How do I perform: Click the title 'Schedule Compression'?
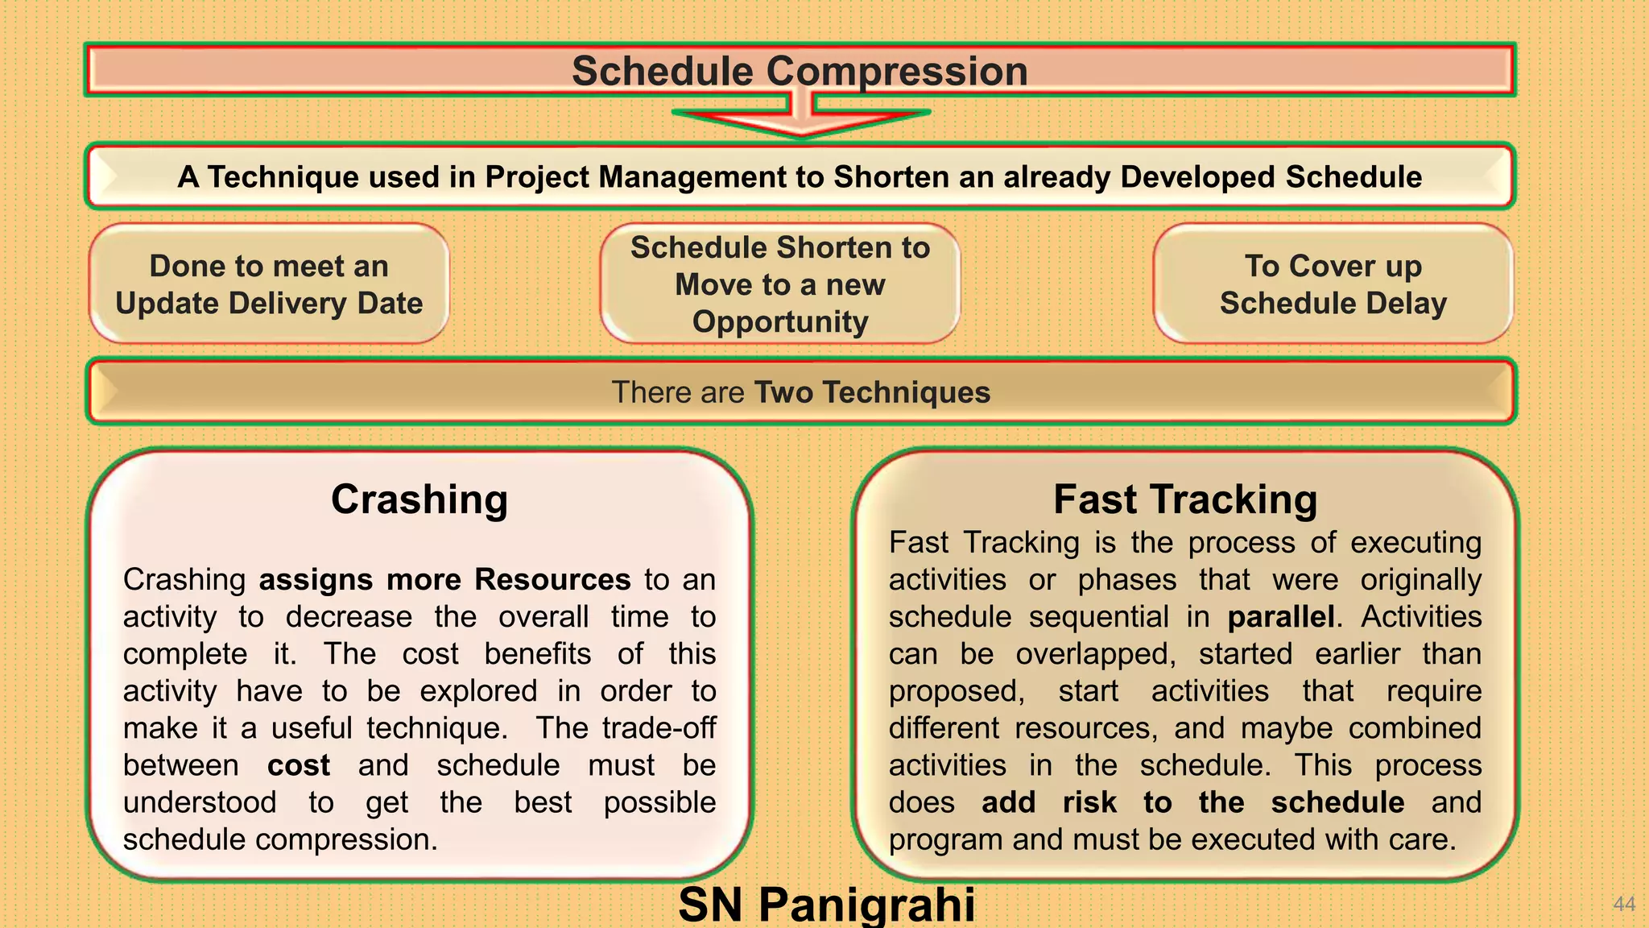(800, 71)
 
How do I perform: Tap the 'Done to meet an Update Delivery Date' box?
(269, 284)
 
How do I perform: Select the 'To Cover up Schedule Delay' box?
(1333, 284)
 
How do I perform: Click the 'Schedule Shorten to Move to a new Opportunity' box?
(779, 284)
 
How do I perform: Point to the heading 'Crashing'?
(419, 499)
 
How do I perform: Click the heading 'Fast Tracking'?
(1184, 499)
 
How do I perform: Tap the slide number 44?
(1624, 904)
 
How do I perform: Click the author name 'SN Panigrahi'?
(826, 904)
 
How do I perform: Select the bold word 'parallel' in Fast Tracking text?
(1280, 617)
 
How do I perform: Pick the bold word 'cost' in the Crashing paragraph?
(298, 765)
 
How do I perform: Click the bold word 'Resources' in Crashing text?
(552, 580)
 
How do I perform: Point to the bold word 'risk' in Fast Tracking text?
(1089, 802)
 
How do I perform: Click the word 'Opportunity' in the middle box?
(779, 321)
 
